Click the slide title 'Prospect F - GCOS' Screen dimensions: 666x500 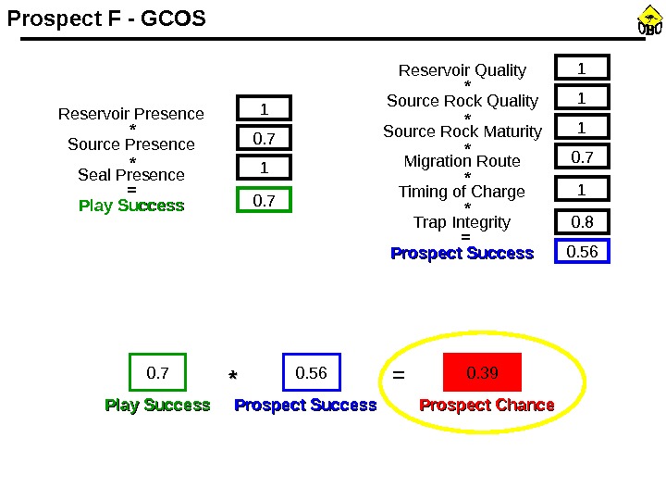click(x=106, y=19)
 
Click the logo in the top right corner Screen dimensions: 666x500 click(x=650, y=22)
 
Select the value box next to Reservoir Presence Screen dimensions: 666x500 click(x=264, y=109)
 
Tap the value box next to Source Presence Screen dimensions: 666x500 click(x=264, y=139)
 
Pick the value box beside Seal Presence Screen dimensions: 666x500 click(x=264, y=169)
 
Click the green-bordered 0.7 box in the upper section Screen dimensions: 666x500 click(x=264, y=200)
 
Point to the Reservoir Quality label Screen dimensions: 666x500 click(x=462, y=70)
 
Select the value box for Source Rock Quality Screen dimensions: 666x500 click(x=582, y=97)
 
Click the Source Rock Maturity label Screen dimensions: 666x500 click(x=462, y=131)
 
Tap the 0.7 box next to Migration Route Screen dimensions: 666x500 click(x=582, y=158)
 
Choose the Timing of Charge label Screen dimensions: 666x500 click(x=462, y=192)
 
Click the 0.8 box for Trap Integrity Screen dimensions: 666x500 click(x=582, y=222)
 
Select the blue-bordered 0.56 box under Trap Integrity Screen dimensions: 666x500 click(x=582, y=252)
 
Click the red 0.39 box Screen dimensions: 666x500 click(x=483, y=373)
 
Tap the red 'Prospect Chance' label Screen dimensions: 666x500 click(x=487, y=406)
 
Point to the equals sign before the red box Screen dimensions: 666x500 click(x=399, y=376)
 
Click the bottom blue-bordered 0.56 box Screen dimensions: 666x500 click(x=312, y=373)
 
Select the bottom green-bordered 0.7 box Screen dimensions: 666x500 click(x=158, y=373)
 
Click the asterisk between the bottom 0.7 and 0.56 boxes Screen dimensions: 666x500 click(x=233, y=376)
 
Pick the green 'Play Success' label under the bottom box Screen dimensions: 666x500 click(x=157, y=406)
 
